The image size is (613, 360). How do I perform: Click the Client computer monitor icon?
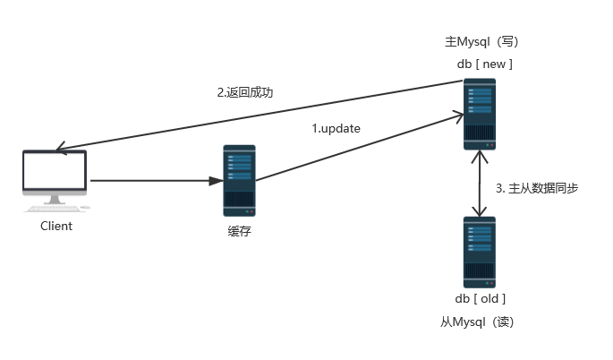(x=55, y=176)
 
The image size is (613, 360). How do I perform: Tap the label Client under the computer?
(x=56, y=227)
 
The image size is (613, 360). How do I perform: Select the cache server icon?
(x=239, y=179)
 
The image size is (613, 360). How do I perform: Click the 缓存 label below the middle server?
(x=239, y=232)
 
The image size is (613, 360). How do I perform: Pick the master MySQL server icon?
(x=480, y=114)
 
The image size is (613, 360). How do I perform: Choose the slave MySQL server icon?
(x=480, y=251)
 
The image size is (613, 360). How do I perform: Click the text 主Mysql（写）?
(x=481, y=42)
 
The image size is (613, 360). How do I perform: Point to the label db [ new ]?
(x=483, y=64)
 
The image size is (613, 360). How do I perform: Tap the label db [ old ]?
(x=481, y=298)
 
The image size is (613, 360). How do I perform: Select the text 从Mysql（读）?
(x=477, y=321)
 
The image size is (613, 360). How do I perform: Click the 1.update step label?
(x=336, y=129)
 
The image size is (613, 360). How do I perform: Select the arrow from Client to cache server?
(x=152, y=181)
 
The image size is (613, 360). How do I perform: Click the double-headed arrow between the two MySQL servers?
(x=482, y=184)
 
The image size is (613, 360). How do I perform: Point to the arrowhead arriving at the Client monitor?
(x=60, y=149)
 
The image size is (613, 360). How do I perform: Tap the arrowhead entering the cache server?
(x=216, y=181)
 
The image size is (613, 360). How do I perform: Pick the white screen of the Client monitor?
(x=55, y=172)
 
